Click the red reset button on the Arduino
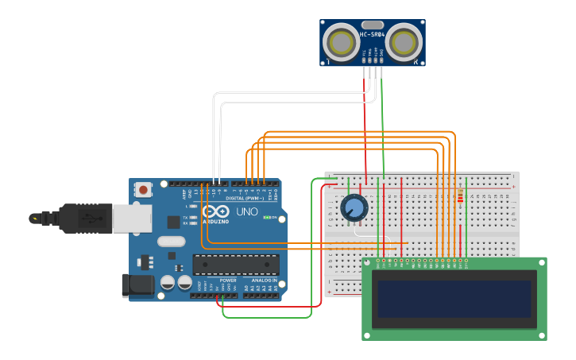click(x=143, y=189)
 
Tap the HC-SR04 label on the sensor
click(x=372, y=34)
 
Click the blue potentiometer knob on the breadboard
click(x=354, y=208)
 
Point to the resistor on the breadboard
click(x=460, y=196)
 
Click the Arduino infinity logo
click(x=215, y=211)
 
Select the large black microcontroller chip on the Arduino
click(x=236, y=264)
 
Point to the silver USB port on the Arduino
click(x=131, y=218)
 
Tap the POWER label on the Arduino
click(x=227, y=281)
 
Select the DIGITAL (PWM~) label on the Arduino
click(x=245, y=198)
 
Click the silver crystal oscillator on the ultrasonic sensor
click(x=372, y=25)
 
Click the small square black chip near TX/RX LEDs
click(x=173, y=223)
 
